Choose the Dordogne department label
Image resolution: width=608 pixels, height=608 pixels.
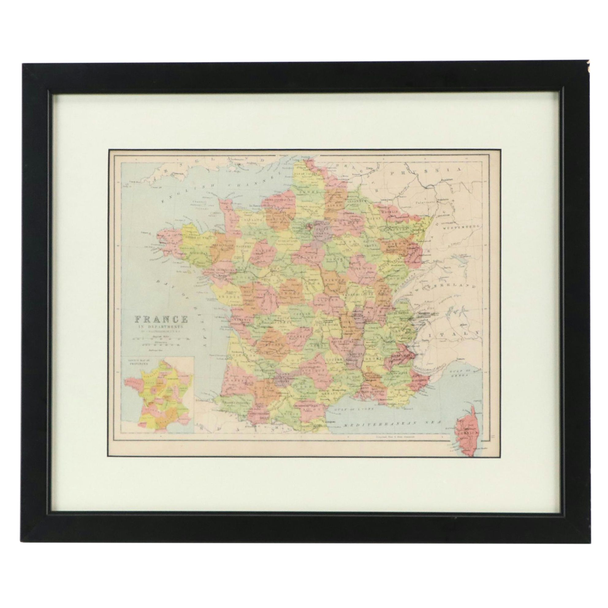point(269,344)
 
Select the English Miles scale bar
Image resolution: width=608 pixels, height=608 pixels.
point(161,339)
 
